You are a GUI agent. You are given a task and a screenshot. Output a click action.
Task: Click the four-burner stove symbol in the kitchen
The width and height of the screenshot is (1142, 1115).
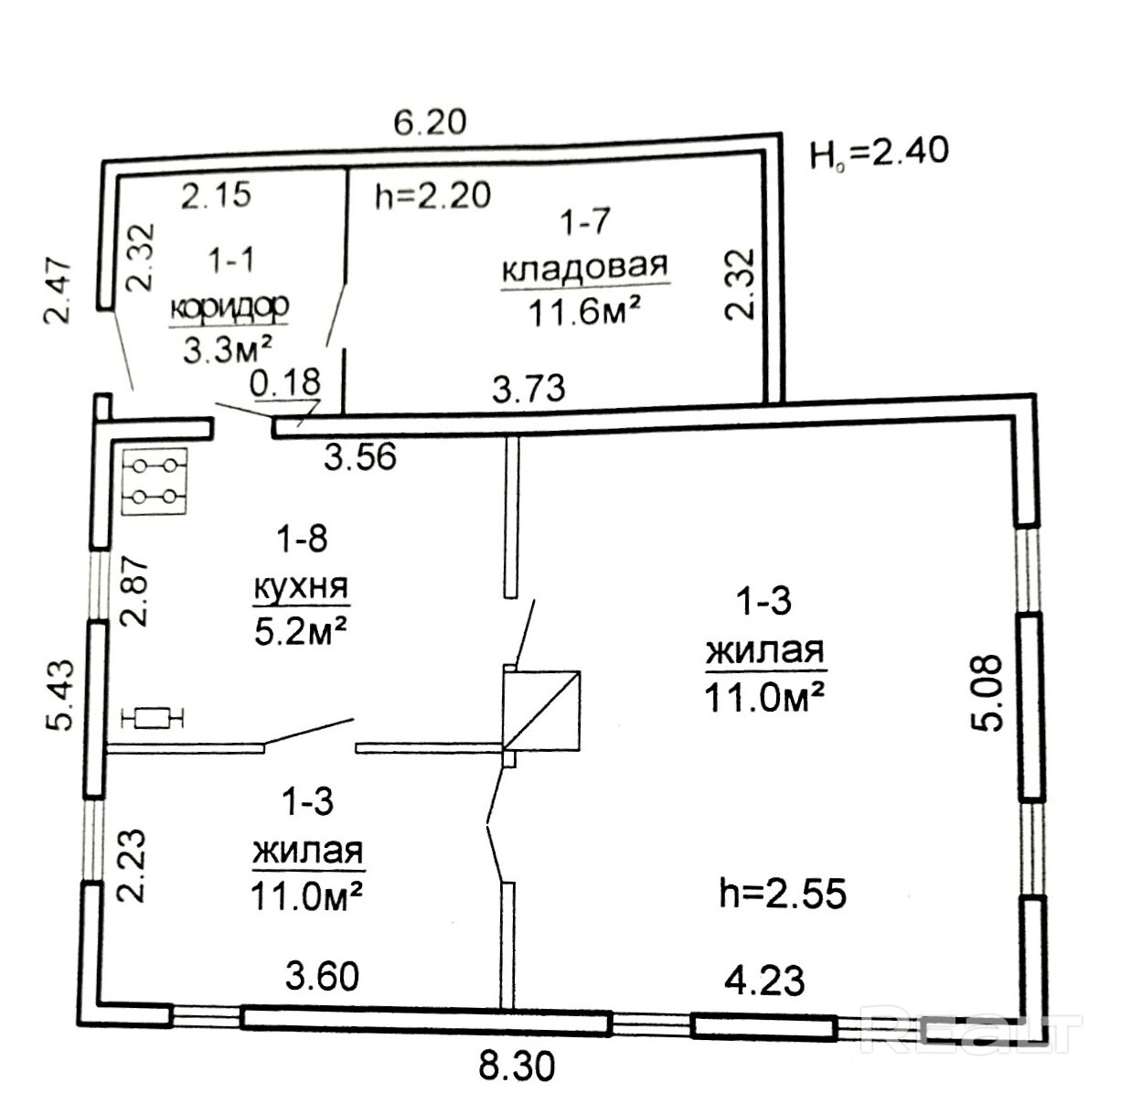click(x=155, y=482)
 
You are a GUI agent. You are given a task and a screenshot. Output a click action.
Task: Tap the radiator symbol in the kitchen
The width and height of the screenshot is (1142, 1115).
click(x=153, y=717)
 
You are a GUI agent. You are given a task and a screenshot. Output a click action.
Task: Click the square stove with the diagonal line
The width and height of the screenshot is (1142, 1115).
click(x=541, y=711)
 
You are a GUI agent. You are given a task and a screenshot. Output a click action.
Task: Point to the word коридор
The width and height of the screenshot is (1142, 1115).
click(x=229, y=306)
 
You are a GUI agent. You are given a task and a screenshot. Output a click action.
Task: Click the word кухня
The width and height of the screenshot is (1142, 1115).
click(x=302, y=586)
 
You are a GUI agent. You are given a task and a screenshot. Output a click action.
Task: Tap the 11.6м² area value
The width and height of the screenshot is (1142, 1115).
click(x=583, y=312)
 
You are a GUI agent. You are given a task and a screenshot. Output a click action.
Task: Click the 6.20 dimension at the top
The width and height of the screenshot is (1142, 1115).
click(x=430, y=123)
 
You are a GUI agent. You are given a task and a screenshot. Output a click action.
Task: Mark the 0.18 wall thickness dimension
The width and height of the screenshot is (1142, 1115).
click(x=285, y=382)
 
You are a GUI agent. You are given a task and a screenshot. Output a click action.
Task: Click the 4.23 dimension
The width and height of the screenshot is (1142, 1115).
click(x=764, y=981)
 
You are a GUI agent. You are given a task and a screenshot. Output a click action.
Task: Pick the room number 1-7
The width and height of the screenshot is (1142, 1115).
click(x=585, y=221)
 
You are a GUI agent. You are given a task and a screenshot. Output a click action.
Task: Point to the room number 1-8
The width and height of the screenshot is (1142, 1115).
click(x=303, y=539)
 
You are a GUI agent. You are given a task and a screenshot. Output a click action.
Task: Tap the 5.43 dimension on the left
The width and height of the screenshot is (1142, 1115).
click(x=60, y=694)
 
